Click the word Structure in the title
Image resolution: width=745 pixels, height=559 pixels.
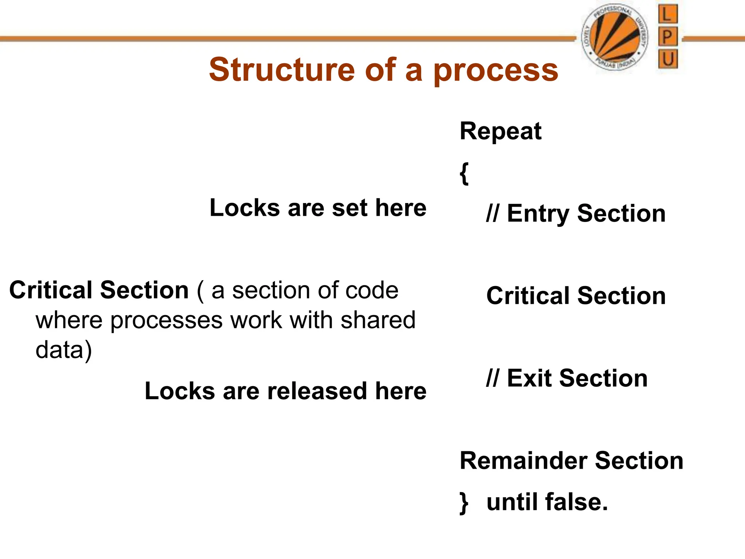click(282, 70)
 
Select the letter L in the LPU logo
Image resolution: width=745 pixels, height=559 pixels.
click(668, 15)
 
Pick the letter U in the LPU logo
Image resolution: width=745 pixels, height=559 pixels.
click(668, 59)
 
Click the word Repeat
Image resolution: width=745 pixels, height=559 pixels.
click(501, 131)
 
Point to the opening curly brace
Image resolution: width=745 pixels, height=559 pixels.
click(464, 173)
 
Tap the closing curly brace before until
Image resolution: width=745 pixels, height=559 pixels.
click(464, 503)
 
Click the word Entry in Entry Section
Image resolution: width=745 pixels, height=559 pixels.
click(538, 214)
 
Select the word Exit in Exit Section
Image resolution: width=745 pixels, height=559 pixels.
click(530, 378)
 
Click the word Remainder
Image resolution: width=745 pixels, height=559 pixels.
click(523, 461)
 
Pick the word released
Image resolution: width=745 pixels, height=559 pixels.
click(317, 391)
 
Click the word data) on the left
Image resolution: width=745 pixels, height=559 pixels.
click(64, 350)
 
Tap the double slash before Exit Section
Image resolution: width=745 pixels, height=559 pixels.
click(493, 378)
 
